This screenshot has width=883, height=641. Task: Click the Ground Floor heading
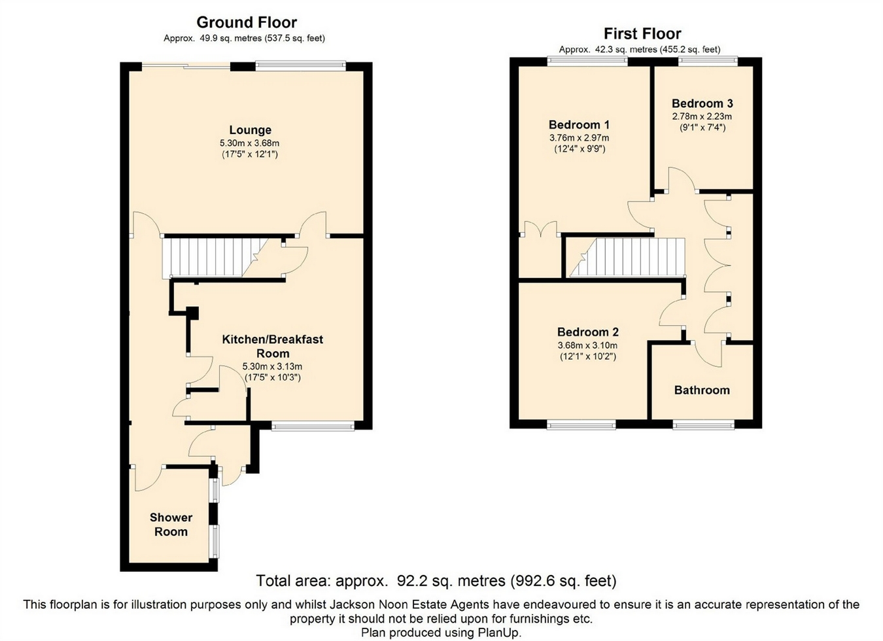[x=247, y=22]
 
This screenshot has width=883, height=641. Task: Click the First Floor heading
[x=642, y=34]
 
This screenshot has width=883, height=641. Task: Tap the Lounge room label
[x=251, y=130]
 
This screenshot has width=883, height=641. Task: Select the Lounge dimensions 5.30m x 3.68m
[x=249, y=143]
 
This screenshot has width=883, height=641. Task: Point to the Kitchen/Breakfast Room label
[x=273, y=346]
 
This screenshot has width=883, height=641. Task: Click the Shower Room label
[x=171, y=525]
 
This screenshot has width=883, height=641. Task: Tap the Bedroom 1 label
[x=579, y=124]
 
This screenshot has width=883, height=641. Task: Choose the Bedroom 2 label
[x=588, y=332]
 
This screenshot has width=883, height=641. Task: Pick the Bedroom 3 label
[x=702, y=103]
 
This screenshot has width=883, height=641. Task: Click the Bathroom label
[x=702, y=390]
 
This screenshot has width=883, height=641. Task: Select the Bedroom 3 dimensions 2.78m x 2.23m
[x=702, y=116]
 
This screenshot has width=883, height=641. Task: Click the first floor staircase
[x=627, y=258]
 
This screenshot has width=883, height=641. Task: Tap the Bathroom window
[x=704, y=424]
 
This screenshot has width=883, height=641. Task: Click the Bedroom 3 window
[x=708, y=61]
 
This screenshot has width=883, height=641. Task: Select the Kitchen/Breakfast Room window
[x=313, y=425]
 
